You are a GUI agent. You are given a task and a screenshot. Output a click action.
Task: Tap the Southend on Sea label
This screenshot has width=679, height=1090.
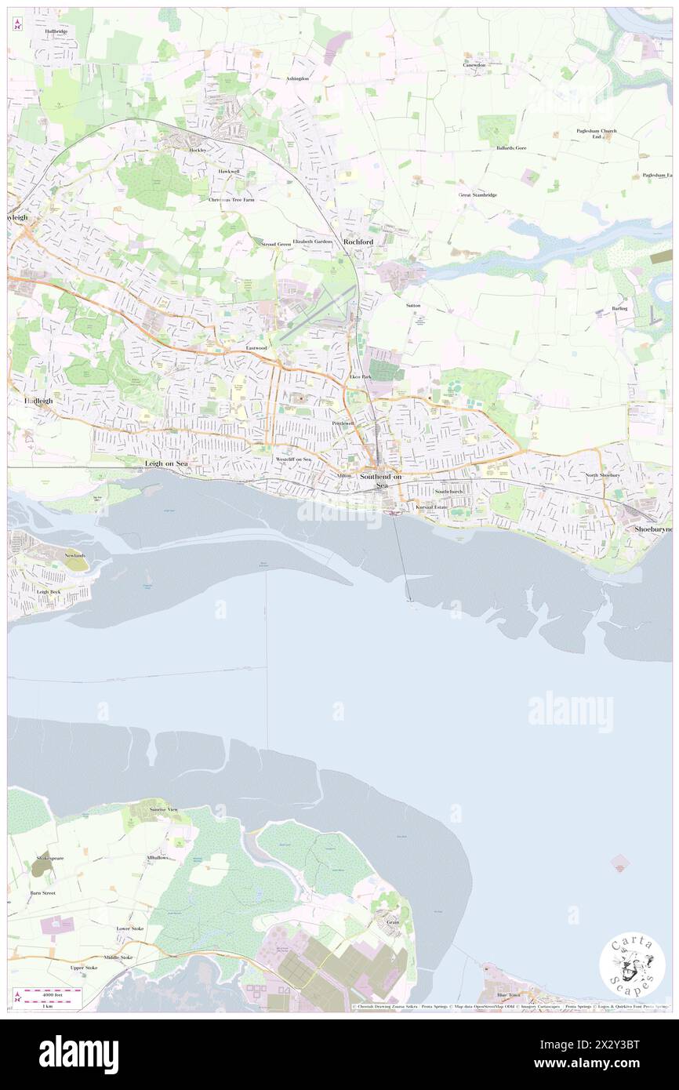coord(380,481)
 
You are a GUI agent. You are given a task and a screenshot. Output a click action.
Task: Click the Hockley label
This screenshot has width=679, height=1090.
coord(197,150)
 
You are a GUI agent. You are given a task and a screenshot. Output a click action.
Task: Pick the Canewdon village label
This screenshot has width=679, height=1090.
coord(474,65)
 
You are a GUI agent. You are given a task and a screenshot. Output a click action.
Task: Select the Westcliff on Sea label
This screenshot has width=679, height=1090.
coord(293,459)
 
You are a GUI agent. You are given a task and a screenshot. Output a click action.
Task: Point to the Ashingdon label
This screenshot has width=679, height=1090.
coord(297,79)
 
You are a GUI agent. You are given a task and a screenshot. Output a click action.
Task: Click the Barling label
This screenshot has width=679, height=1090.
coord(620,309)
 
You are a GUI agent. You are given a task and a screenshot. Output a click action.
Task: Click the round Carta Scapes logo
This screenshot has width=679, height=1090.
coord(632,965)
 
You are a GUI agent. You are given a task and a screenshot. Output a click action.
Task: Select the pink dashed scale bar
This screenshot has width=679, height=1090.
coord(47,992)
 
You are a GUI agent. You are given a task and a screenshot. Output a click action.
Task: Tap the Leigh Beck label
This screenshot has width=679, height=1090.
coord(49,592)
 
